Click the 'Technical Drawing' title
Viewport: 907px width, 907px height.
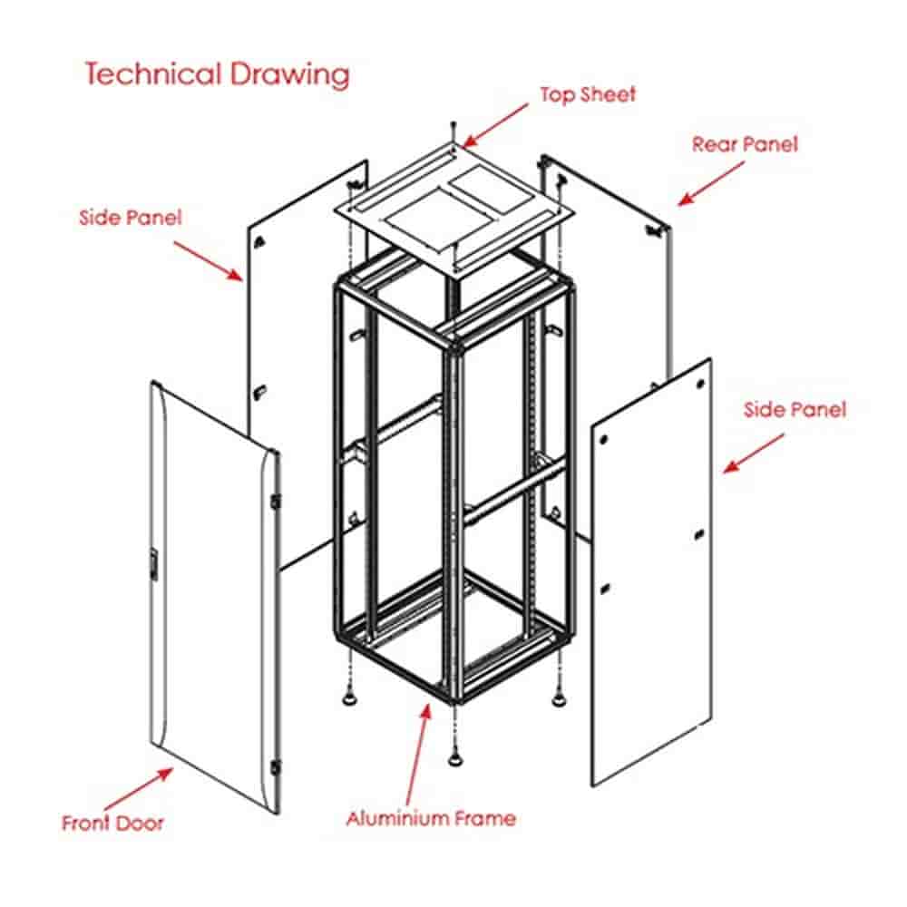coord(218,75)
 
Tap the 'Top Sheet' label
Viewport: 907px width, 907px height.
coord(588,94)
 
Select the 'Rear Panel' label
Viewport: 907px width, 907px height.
coord(745,144)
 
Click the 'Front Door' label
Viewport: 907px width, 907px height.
coord(112,823)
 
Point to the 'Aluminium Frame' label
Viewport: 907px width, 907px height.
coord(431,818)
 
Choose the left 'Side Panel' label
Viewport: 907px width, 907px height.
coord(130,218)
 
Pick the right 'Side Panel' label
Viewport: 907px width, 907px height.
coord(795,410)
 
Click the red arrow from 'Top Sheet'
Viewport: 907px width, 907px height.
coord(495,125)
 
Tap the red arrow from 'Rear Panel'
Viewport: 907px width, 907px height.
coord(711,183)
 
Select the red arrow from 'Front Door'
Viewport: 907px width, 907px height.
coord(138,788)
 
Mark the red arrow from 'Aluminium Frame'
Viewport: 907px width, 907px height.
coord(419,754)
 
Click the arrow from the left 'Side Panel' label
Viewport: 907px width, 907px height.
coord(209,261)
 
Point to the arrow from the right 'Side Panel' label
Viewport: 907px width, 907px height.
coord(754,454)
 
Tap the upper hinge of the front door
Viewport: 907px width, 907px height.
coord(276,501)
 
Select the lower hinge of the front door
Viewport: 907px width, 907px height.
coord(276,767)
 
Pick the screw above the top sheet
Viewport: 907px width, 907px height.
coord(454,131)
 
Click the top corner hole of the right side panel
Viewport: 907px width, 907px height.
coord(700,384)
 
